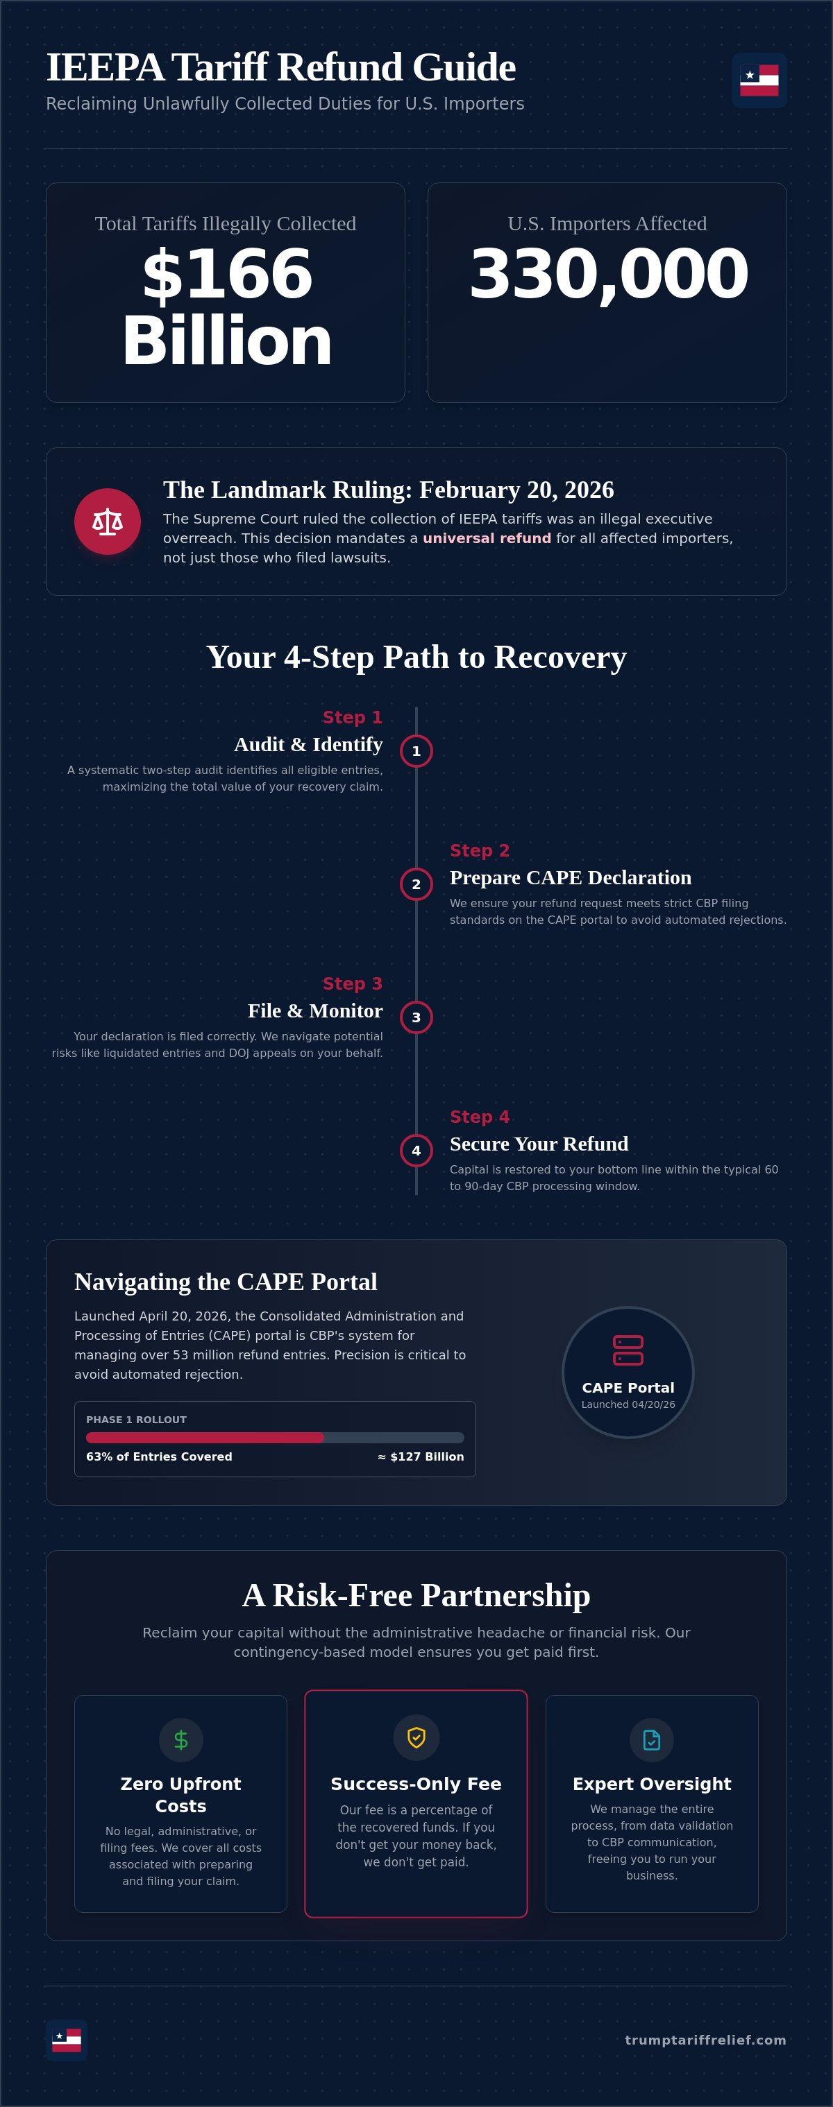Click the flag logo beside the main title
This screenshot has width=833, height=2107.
point(759,80)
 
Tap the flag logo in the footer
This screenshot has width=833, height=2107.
point(66,2039)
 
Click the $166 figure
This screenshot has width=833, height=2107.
point(228,274)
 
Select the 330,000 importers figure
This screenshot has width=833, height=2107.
point(608,274)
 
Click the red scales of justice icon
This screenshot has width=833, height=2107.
point(107,521)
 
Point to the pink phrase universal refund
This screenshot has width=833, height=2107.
point(487,538)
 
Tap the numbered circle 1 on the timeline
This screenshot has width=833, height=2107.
point(416,751)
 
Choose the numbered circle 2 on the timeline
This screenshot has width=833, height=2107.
point(416,884)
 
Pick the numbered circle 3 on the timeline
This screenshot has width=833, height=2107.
point(416,1017)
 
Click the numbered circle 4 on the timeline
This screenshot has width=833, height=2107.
point(416,1151)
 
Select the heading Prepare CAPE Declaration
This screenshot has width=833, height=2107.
point(571,877)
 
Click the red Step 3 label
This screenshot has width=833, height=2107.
point(353,983)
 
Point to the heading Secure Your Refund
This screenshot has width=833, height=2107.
point(539,1144)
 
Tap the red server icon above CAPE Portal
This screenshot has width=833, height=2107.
point(628,1350)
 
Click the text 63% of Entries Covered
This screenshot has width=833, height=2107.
point(159,1456)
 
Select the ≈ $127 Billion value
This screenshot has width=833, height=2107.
point(421,1456)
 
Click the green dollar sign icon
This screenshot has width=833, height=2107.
point(181,1739)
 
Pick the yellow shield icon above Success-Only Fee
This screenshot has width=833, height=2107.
point(416,1737)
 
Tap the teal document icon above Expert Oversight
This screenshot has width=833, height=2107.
point(651,1739)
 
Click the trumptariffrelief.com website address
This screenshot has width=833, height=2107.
point(705,2040)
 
